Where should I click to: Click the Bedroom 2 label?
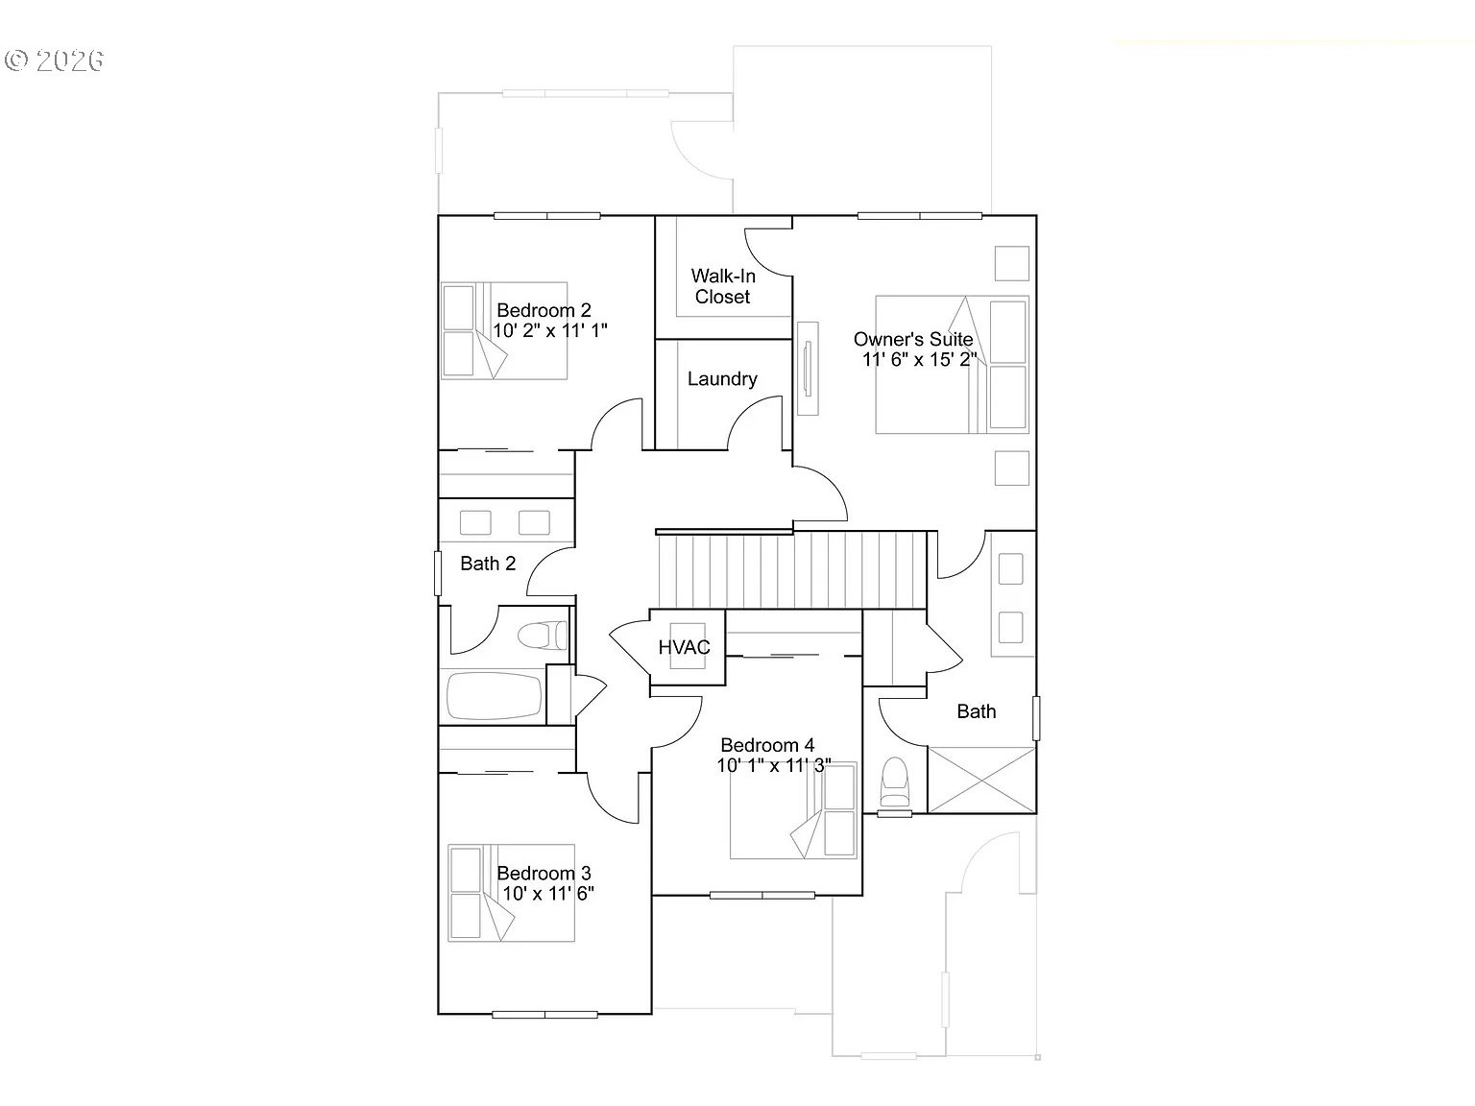point(544,310)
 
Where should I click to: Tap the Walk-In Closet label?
point(723,286)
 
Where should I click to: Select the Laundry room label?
point(722,378)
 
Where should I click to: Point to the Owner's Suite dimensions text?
point(919,359)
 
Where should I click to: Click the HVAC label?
point(684,647)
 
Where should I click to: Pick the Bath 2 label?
point(488,564)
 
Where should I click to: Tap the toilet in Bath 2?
point(543,636)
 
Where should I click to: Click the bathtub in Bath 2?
point(494,696)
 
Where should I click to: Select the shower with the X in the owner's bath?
point(981,781)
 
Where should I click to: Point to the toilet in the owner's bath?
point(894,782)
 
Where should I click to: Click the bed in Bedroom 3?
point(512,893)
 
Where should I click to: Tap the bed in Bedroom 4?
point(793,810)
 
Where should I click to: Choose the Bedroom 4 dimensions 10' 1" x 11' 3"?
point(774,765)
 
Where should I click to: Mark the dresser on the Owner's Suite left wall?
point(808,369)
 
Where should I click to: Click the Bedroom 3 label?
point(544,873)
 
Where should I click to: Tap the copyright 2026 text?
point(54,60)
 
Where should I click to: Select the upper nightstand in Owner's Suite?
point(1011,263)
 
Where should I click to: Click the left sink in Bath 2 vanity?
point(474,522)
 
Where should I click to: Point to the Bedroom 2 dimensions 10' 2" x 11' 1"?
point(550,330)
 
